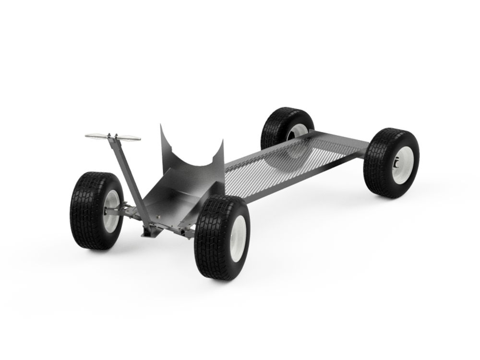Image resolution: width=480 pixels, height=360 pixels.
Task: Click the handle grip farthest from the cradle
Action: (x=96, y=136)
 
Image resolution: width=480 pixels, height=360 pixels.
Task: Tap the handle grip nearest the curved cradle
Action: (x=129, y=138)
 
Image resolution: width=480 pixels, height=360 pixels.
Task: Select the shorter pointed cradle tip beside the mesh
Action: (x=222, y=144)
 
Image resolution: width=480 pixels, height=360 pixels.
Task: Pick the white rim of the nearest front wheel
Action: (x=238, y=238)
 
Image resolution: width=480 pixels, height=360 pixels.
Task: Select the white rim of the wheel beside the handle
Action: (x=112, y=211)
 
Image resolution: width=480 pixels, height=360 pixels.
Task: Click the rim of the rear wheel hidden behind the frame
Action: (x=299, y=131)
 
